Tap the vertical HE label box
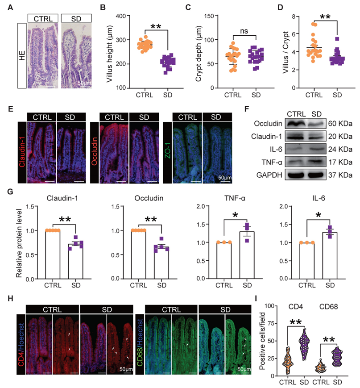tap(22, 56)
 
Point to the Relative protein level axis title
tap(20, 242)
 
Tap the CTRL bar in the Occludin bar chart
tap(139, 254)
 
